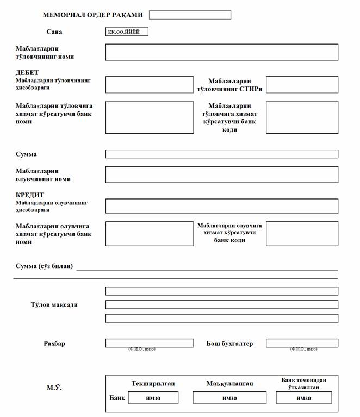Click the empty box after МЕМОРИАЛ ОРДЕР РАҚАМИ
(x=190, y=15)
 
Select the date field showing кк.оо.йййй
(x=127, y=32)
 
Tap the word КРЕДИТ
(x=30, y=195)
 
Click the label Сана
(x=54, y=32)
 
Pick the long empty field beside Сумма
(x=221, y=154)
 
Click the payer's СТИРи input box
(x=302, y=85)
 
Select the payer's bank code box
(x=302, y=117)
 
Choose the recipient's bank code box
(x=302, y=234)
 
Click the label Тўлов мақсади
(x=54, y=304)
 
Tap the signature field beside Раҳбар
(x=149, y=343)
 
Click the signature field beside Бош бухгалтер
(x=302, y=343)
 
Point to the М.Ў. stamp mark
(x=54, y=388)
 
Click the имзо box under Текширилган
(x=153, y=398)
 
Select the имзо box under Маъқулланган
(x=229, y=398)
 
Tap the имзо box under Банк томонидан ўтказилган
(x=303, y=398)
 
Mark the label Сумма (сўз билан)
(x=45, y=266)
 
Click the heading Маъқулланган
(x=229, y=384)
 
